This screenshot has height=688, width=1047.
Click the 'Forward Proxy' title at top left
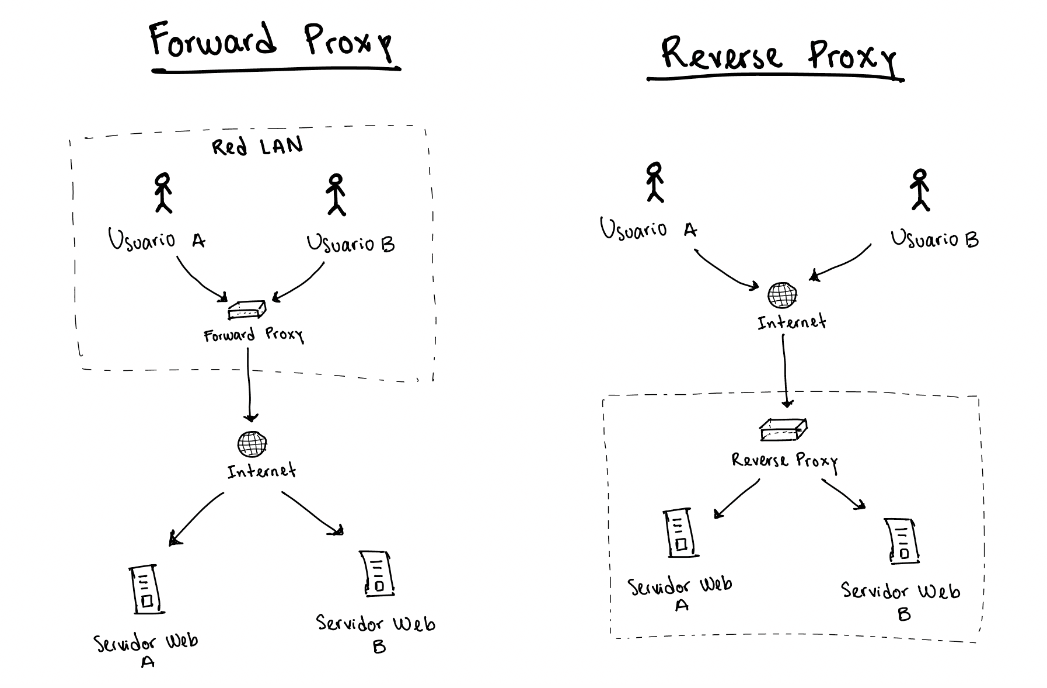271,42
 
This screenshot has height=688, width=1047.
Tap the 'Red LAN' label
257,145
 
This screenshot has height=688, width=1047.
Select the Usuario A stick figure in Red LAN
163,192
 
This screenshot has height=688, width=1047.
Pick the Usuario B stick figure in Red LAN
335,194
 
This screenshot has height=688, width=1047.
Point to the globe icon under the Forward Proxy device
252,444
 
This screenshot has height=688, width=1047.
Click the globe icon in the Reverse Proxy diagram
781,295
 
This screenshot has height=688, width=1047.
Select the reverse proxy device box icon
783,430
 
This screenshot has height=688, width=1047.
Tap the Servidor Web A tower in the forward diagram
145,589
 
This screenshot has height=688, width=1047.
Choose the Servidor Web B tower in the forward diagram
377,573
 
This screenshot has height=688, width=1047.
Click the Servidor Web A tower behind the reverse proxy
679,533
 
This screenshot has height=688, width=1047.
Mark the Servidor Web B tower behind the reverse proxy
902,541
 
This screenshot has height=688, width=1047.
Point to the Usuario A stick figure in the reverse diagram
655,182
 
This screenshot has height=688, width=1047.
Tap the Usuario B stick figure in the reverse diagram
920,190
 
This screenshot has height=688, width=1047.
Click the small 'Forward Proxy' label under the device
253,335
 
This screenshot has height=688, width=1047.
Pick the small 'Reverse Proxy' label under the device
784,461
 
